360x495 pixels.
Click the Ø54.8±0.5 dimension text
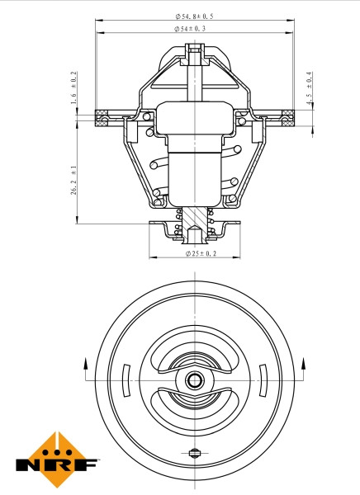click(195, 16)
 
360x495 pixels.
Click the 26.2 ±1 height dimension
click(74, 180)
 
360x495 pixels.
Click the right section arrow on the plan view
click(303, 366)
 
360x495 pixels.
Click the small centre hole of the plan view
click(195, 380)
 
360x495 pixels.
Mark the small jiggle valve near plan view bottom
click(195, 452)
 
